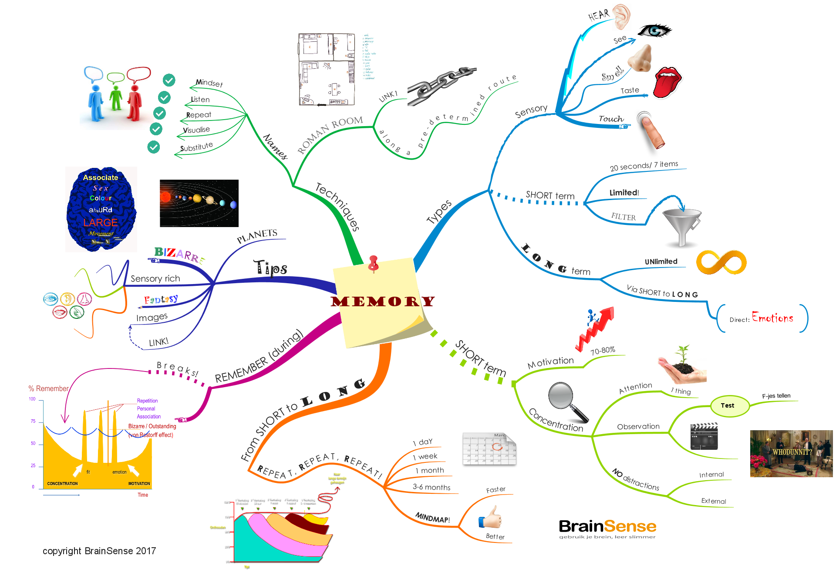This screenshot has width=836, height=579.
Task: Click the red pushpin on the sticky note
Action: [373, 263]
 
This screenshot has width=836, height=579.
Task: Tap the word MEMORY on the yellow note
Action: [382, 301]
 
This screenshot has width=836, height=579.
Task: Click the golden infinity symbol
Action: [721, 262]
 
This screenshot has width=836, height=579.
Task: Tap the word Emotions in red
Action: [772, 318]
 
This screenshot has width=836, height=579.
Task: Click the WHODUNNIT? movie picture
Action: [791, 453]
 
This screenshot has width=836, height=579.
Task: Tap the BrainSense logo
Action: [607, 528]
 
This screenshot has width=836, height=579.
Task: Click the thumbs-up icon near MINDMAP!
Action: [491, 517]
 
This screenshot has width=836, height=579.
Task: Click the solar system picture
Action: [199, 203]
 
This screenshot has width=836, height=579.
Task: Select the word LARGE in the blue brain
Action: [101, 223]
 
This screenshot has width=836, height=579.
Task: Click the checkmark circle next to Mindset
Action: [169, 80]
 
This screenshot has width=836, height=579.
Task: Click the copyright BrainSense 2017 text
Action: [99, 551]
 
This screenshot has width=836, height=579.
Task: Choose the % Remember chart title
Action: [48, 388]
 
